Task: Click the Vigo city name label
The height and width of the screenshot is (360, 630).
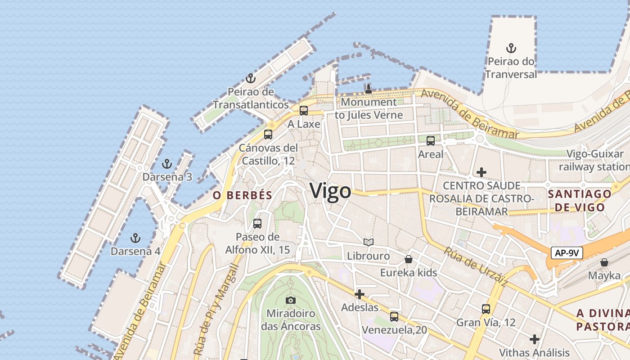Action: (x=330, y=191)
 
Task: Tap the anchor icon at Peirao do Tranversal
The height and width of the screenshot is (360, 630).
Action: (x=511, y=48)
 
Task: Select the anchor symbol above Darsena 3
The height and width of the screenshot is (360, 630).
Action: (x=167, y=164)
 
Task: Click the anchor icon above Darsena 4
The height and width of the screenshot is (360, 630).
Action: (x=135, y=238)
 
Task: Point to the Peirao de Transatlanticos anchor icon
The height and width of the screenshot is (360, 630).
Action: (x=251, y=79)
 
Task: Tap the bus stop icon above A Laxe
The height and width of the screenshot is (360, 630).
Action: (x=304, y=111)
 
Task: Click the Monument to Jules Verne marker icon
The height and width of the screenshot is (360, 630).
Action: (x=369, y=89)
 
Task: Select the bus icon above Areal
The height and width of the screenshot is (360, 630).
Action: (x=431, y=141)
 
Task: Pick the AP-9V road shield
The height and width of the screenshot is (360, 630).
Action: (x=567, y=253)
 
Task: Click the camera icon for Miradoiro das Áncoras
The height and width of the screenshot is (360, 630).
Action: (x=291, y=300)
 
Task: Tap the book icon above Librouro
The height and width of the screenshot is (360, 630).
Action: (x=369, y=243)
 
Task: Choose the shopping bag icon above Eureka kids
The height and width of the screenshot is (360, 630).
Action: (x=409, y=259)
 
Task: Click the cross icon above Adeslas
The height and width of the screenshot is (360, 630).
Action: (x=360, y=295)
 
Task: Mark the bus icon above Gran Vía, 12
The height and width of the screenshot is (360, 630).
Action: (x=486, y=309)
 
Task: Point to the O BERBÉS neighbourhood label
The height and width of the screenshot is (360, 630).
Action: (x=243, y=195)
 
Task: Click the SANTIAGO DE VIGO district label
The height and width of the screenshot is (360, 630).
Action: (x=580, y=201)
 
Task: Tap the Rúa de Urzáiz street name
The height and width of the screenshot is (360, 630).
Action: (x=476, y=267)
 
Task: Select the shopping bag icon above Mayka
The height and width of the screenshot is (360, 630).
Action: (x=604, y=262)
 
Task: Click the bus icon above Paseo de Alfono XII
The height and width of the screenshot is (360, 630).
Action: (x=257, y=224)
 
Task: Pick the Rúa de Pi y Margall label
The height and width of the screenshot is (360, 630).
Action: (x=215, y=310)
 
